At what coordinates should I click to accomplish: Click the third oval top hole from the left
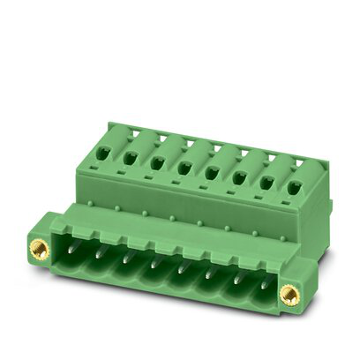[x=157, y=162]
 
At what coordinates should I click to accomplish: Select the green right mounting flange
[x=291, y=304]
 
